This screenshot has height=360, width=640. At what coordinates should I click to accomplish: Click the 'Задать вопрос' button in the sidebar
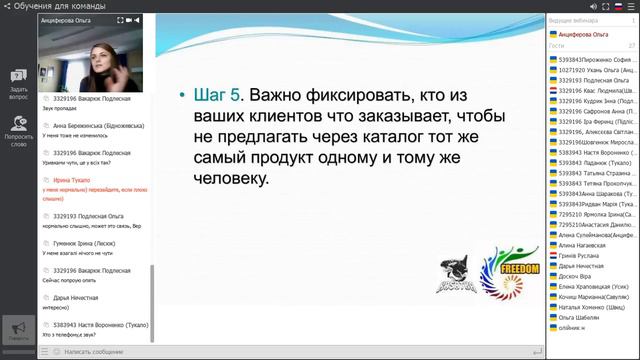point(18,84)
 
